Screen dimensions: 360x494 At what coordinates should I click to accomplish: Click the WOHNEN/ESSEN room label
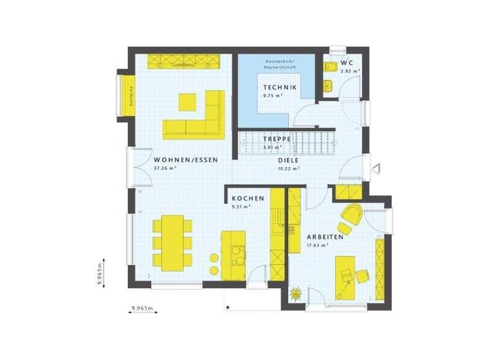(x=186, y=159)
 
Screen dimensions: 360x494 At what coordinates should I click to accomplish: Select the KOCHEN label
(x=248, y=199)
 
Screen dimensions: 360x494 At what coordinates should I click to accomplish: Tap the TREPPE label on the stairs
(x=277, y=138)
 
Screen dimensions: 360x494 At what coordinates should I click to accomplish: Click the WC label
(x=346, y=62)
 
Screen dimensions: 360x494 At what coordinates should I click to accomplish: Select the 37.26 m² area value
(x=165, y=168)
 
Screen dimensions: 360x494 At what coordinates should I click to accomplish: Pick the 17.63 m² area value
(x=317, y=245)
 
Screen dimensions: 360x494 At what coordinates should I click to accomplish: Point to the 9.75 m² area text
(x=273, y=96)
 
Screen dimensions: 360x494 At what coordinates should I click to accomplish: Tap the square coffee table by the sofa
(x=187, y=101)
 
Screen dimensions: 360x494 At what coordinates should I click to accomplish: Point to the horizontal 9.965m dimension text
(x=142, y=309)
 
